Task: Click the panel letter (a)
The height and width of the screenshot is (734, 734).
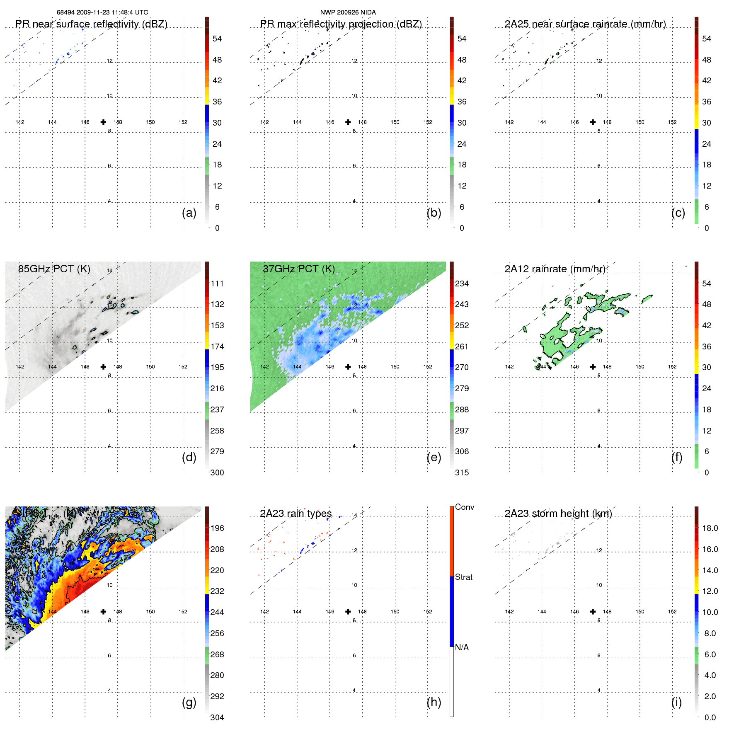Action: (189, 213)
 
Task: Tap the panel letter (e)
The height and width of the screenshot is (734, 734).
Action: (434, 458)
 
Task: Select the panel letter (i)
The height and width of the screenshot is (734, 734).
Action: (676, 703)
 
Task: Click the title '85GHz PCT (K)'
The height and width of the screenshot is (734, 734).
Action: (54, 269)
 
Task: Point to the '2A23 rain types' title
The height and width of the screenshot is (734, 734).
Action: (296, 514)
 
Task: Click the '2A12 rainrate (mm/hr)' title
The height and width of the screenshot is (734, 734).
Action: (555, 269)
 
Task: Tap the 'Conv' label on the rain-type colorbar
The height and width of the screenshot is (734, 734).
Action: (464, 507)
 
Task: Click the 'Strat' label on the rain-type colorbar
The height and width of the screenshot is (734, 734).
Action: (463, 577)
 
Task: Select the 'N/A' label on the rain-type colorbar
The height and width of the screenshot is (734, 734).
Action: (462, 647)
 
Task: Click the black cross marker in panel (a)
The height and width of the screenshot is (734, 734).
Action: (103, 122)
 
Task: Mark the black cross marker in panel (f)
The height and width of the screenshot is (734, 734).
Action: (593, 367)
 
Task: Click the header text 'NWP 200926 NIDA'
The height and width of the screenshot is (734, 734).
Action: (348, 12)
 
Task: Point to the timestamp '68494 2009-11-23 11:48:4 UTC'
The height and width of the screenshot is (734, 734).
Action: (102, 12)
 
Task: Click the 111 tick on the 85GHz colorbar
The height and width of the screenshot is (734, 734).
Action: (217, 284)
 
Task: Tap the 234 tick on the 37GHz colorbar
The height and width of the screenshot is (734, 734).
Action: (462, 284)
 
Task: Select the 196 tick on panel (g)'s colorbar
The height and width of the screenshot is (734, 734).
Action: (217, 528)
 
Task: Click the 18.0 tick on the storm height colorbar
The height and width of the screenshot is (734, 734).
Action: (710, 528)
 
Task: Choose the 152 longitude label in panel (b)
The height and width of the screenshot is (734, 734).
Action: (427, 122)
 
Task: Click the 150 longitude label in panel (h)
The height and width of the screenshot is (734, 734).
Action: (395, 612)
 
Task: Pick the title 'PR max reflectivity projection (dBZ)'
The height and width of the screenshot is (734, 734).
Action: (341, 24)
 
